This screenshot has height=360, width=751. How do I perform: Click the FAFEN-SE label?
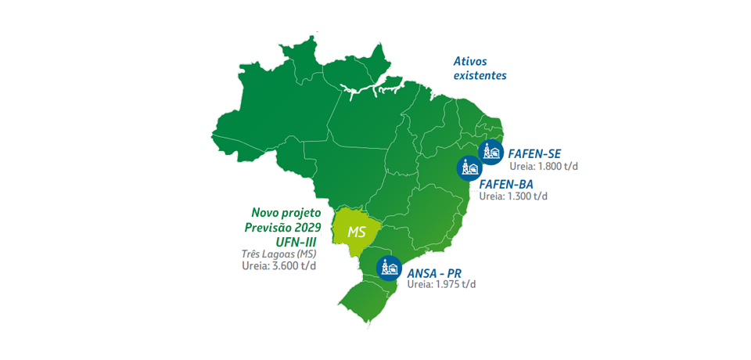pyautogui.click(x=534, y=153)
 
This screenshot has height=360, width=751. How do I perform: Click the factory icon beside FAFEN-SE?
pyautogui.click(x=490, y=152)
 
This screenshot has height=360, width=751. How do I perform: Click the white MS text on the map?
pyautogui.click(x=357, y=232)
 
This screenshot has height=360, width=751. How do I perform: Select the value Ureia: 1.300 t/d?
pyautogui.click(x=513, y=196)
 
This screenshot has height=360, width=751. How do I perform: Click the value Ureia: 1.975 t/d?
pyautogui.click(x=441, y=284)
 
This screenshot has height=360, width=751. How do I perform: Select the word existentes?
pyautogui.click(x=480, y=76)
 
